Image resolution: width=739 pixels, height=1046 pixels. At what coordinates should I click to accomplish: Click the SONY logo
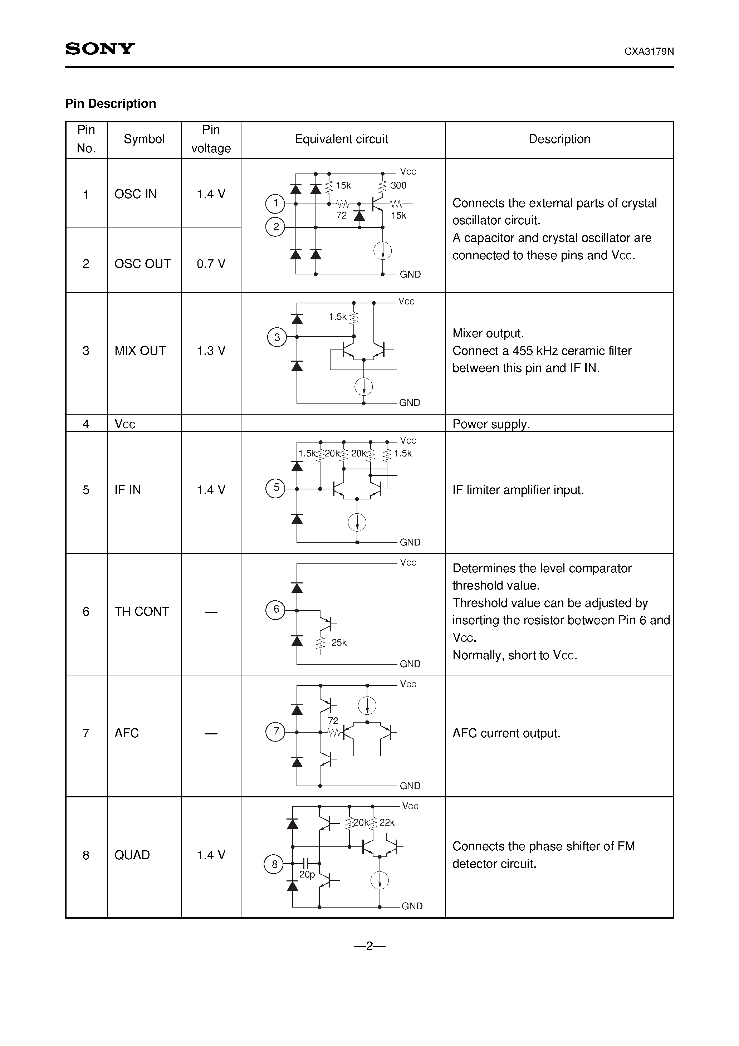click(x=100, y=49)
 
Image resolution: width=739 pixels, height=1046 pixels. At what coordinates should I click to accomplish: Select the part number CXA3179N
click(x=649, y=52)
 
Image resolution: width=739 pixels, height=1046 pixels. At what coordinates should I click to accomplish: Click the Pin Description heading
click(x=111, y=104)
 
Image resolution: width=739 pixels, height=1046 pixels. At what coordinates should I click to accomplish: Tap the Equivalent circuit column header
click(x=341, y=140)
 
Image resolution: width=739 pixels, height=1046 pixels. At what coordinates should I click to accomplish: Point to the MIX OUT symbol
click(x=140, y=351)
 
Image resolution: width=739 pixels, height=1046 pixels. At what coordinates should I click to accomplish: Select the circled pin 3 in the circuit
click(x=276, y=337)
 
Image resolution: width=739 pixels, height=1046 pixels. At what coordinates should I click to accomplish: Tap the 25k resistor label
click(x=338, y=643)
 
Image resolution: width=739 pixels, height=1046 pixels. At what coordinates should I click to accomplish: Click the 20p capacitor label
click(x=307, y=875)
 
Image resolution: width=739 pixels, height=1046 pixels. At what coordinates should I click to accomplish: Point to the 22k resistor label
click(x=387, y=823)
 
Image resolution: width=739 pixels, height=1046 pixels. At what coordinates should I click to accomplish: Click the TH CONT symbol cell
click(x=142, y=611)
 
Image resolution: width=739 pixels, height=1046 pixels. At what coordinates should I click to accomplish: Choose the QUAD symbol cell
click(x=132, y=855)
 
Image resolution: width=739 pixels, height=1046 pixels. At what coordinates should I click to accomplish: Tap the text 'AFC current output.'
click(x=506, y=733)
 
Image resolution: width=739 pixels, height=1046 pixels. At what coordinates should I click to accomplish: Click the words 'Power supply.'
click(x=491, y=424)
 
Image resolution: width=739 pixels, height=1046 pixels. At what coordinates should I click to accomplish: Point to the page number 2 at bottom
click(x=369, y=947)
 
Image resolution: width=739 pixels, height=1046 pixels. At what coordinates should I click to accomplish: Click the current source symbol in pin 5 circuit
click(x=357, y=522)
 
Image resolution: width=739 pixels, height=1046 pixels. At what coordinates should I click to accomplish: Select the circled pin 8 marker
click(x=274, y=864)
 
